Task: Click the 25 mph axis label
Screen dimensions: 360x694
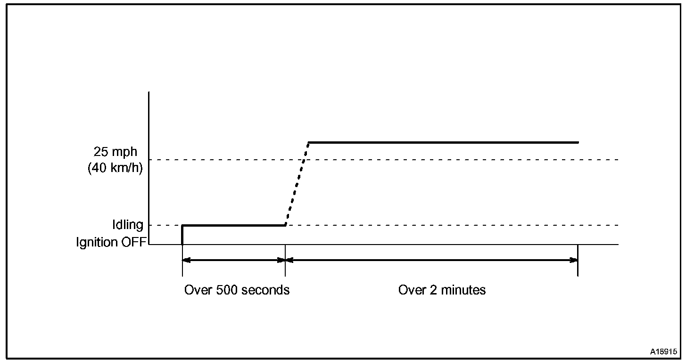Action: point(116,152)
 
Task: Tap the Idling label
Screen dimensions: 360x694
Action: point(127,225)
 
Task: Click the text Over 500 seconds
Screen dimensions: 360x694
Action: point(237,290)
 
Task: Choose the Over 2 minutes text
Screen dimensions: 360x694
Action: point(442,290)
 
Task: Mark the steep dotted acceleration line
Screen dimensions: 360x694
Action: point(297,184)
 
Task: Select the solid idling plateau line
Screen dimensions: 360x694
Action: point(233,225)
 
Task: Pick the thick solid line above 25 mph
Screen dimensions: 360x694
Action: point(443,142)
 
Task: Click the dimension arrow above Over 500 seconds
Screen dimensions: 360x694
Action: point(233,260)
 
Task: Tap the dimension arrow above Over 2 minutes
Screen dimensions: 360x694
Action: point(431,260)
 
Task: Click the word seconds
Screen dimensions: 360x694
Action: point(266,290)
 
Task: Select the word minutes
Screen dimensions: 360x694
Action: point(463,290)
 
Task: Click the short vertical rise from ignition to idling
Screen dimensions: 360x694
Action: point(182,235)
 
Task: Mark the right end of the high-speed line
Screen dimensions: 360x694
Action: point(577,142)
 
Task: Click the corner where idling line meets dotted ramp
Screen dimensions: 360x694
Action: point(285,225)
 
